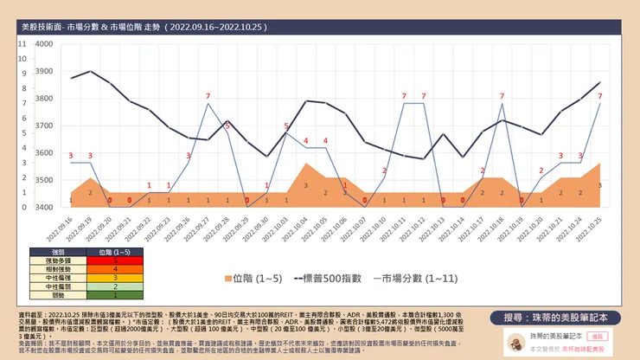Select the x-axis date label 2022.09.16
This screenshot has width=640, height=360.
click(70, 228)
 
